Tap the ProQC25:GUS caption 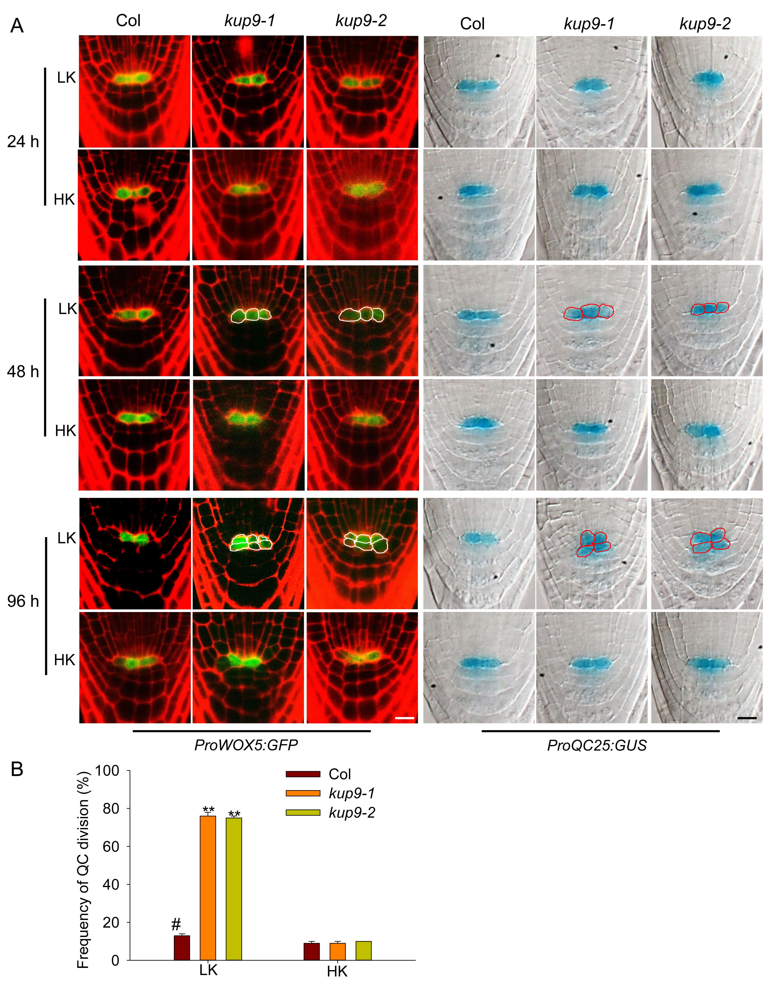[597, 745]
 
